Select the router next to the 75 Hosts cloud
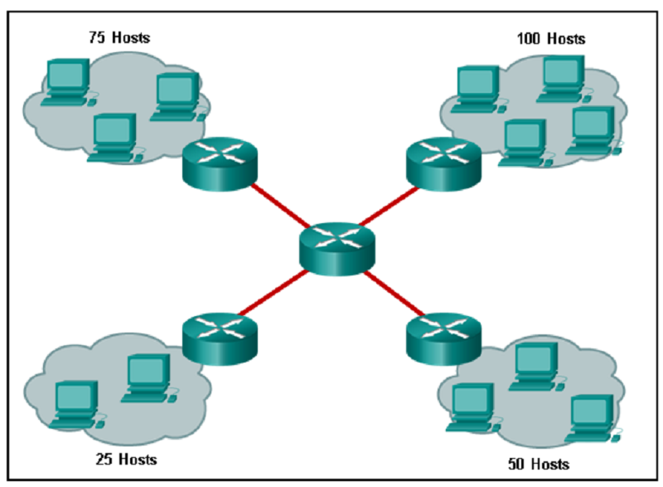coord(216,163)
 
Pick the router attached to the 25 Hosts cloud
coord(216,337)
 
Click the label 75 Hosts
coord(119,37)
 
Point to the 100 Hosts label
coord(551,38)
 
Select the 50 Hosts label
coord(539,463)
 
